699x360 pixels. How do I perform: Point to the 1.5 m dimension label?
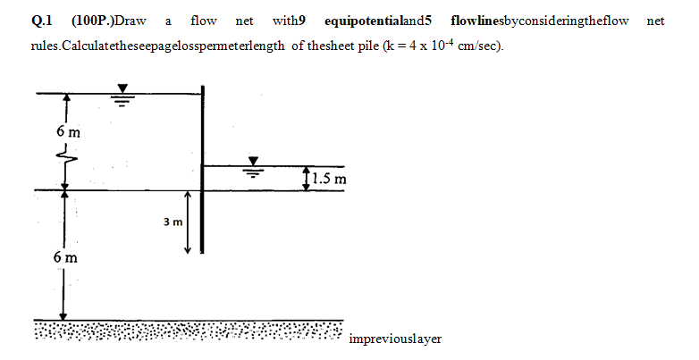point(333,180)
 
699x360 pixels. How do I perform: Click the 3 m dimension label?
point(173,221)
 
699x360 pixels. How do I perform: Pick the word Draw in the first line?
point(131,21)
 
